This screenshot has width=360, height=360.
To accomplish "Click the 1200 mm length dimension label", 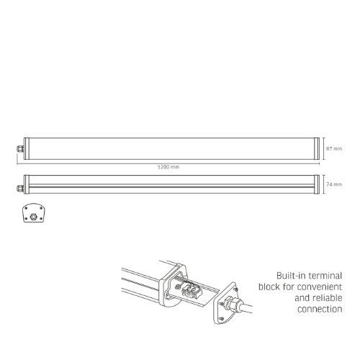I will click(168, 166).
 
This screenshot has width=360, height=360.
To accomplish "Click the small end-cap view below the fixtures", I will click(32, 215).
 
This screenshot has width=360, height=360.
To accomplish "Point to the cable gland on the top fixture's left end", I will click(19, 148).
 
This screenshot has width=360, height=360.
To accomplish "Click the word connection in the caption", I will click(320, 310).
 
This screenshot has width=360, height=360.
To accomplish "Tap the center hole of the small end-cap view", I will click(32, 215).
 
